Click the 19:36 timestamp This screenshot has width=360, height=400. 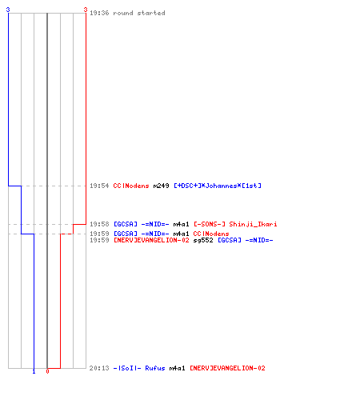point(99,13)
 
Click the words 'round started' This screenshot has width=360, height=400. point(139,13)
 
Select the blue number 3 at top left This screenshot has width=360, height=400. point(8,10)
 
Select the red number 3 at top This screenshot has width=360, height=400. point(86,10)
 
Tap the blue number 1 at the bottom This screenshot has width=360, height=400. point(34,371)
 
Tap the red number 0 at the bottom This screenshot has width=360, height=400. point(47,371)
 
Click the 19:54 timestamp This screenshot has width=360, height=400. point(99,186)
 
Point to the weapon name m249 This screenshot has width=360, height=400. point(161,186)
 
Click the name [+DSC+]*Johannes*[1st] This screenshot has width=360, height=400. point(218,186)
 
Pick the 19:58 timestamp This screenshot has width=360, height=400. point(99,224)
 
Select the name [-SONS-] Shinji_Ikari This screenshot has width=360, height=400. point(235,224)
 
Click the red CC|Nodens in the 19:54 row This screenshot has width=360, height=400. point(131,186)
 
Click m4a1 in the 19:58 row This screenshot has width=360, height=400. point(181,224)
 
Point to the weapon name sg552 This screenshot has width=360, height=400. point(203,240)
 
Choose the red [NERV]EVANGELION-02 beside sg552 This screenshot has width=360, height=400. point(151,240)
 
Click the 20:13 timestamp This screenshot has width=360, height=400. point(99,368)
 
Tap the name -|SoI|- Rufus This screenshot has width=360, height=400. point(139,368)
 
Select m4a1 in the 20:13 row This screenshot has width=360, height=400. point(177,368)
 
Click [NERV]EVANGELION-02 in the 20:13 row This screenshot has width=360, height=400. point(227,368)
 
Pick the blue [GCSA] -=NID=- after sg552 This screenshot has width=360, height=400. point(246,240)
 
